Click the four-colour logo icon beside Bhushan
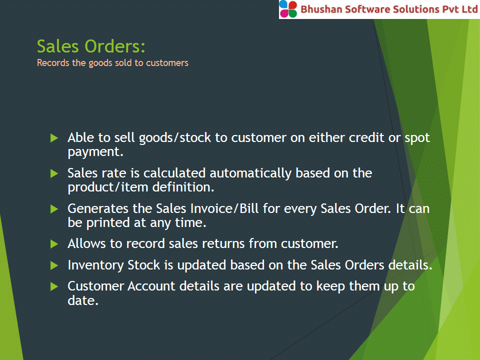[x=288, y=9]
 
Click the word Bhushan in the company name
[x=321, y=9]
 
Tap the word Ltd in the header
[x=469, y=9]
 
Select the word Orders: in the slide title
[x=115, y=46]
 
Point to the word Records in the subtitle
[x=53, y=63]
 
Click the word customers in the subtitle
[x=167, y=63]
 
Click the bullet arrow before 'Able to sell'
[x=54, y=138]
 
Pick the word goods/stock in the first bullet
[x=175, y=138]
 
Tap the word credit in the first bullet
[x=366, y=137]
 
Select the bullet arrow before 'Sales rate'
[x=54, y=173]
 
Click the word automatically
[x=250, y=173]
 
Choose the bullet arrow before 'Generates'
[x=54, y=209]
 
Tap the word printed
[x=108, y=223]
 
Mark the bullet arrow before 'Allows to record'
[x=54, y=244]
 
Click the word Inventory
[x=95, y=265]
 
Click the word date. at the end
[x=83, y=300]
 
